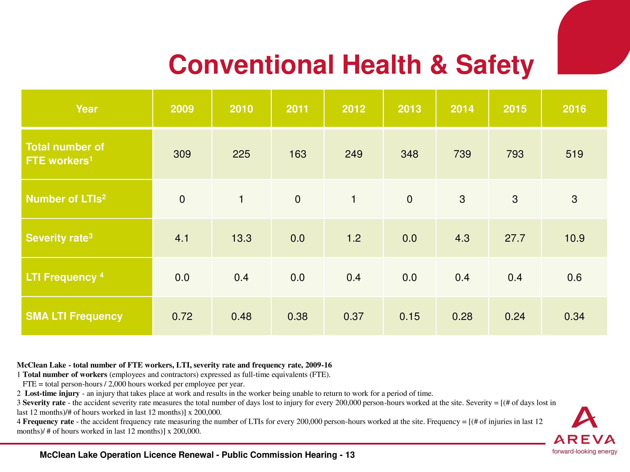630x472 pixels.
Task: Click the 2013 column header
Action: pyautogui.click(x=409, y=109)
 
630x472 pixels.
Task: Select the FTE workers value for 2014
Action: pyautogui.click(x=462, y=154)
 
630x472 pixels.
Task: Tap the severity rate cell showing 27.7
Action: pyautogui.click(x=515, y=238)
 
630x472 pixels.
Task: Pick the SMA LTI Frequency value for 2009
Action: pyautogui.click(x=182, y=316)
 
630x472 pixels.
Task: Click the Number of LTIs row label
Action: pyautogui.click(x=66, y=199)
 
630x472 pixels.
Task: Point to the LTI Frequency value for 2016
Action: pyautogui.click(x=574, y=277)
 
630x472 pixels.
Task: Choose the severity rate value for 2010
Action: pyautogui.click(x=241, y=238)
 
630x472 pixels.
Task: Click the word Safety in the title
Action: pyautogui.click(x=495, y=65)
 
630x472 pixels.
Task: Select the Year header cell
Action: pyautogui.click(x=87, y=109)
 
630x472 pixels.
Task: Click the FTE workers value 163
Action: pyautogui.click(x=298, y=154)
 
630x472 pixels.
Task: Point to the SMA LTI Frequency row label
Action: pyautogui.click(x=74, y=316)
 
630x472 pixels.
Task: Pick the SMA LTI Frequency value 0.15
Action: pyautogui.click(x=409, y=316)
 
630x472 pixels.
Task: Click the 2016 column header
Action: pyautogui.click(x=574, y=109)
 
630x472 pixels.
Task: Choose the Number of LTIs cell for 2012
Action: pyautogui.click(x=353, y=199)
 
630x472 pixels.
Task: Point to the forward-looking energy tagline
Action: pyautogui.click(x=584, y=451)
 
